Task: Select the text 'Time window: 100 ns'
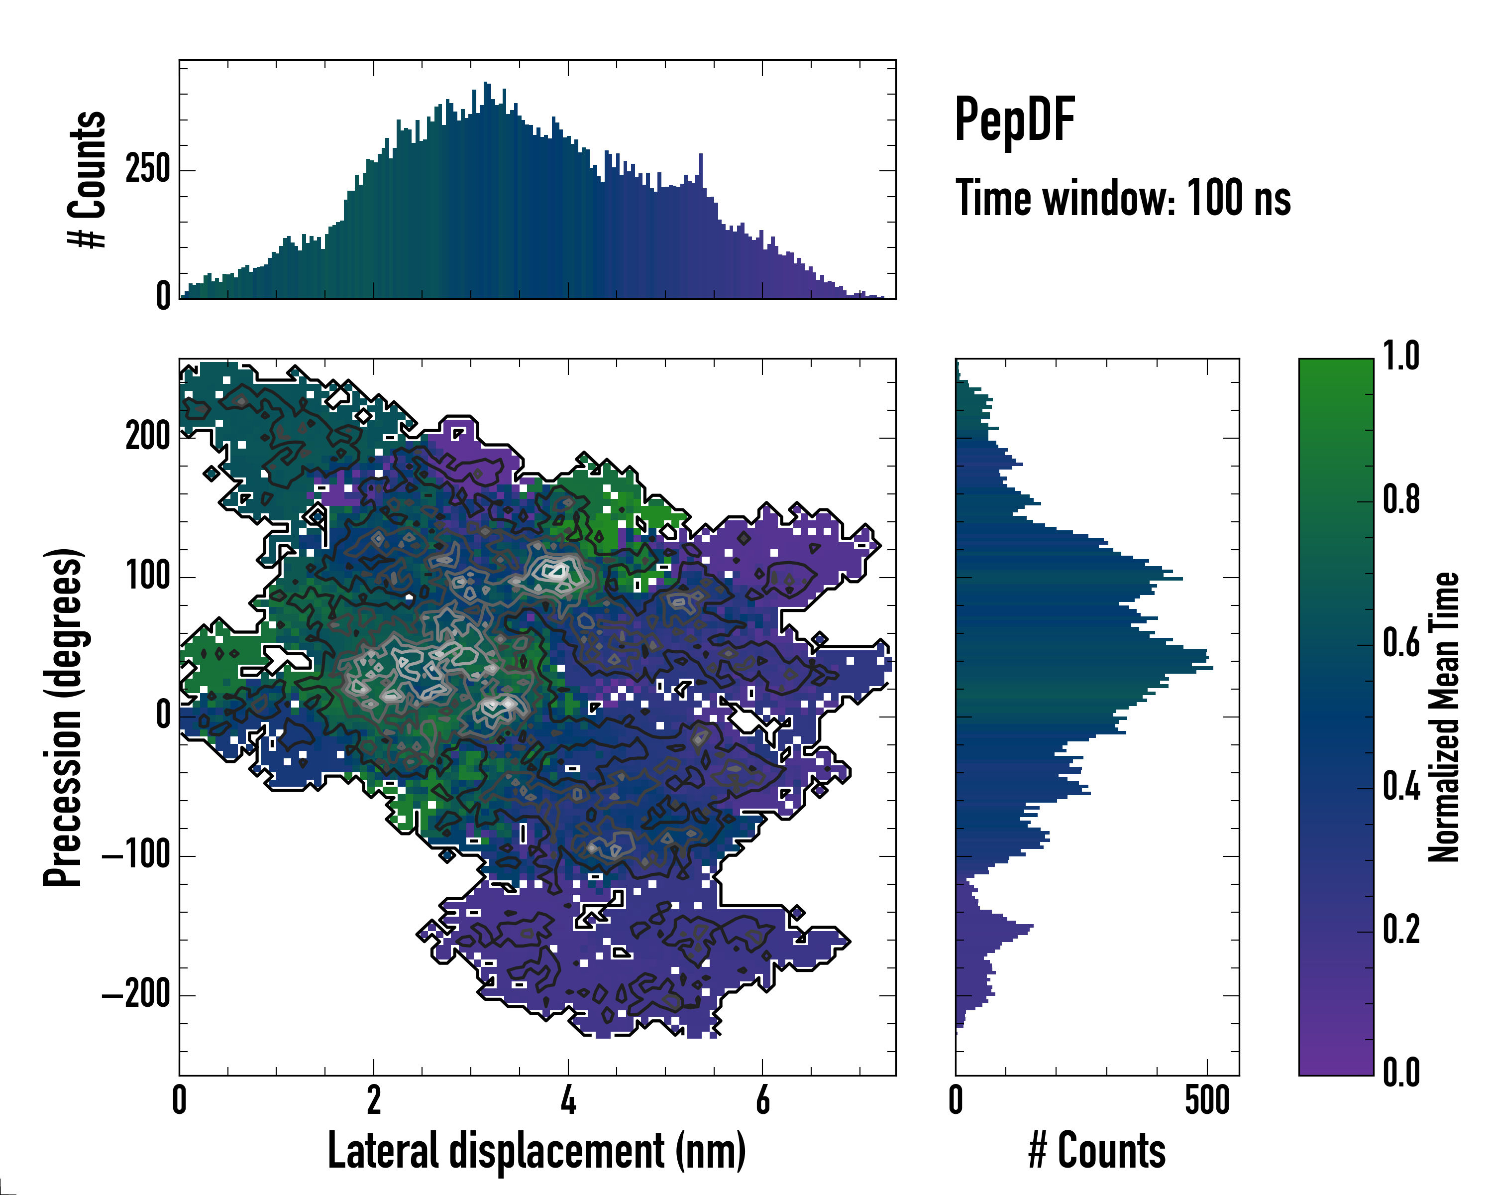[1123, 198]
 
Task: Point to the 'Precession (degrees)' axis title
[64, 717]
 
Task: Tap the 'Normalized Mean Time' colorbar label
[1444, 717]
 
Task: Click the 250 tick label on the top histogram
[147, 170]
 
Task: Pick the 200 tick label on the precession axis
[147, 437]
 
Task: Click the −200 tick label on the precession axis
[136, 995]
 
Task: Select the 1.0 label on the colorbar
[1401, 357]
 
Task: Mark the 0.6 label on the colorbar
[1401, 644]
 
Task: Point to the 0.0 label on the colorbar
[1401, 1073]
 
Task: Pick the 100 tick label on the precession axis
[147, 577]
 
